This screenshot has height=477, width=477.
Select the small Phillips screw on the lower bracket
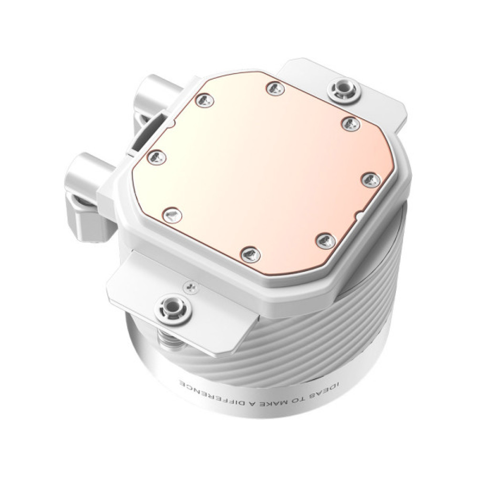pyautogui.click(x=191, y=286)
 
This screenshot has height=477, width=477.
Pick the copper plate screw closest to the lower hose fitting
pyautogui.click(x=156, y=155)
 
